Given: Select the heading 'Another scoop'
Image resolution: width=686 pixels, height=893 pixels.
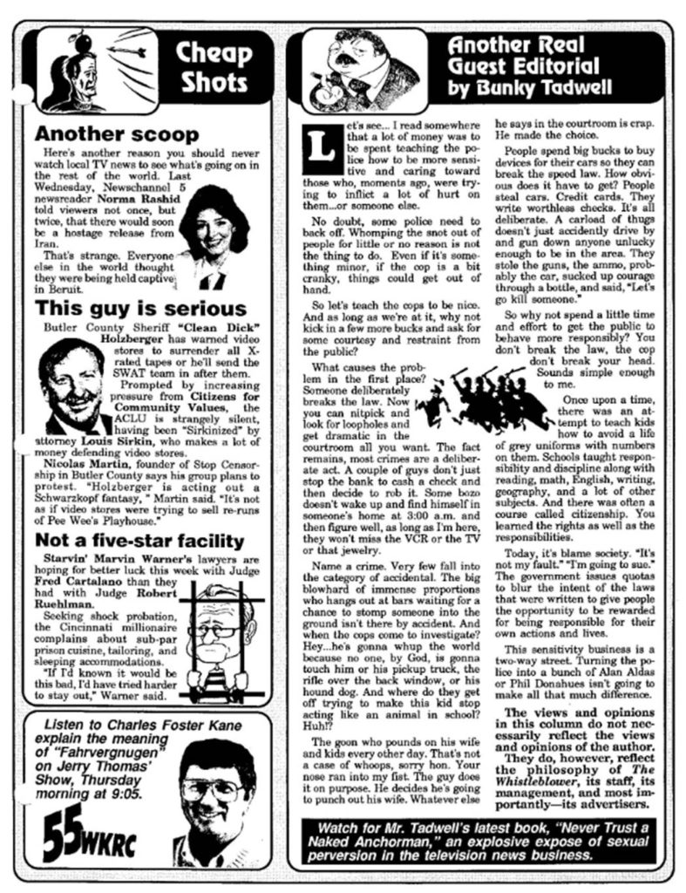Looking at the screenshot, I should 117,135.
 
